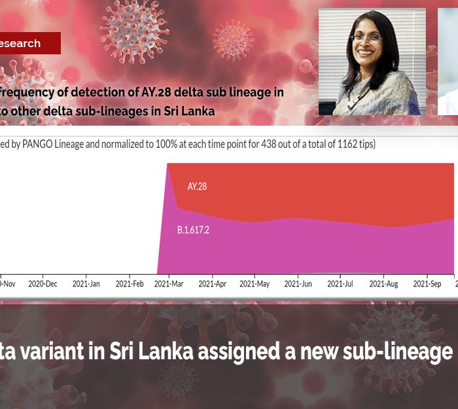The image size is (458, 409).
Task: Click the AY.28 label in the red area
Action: point(197,187)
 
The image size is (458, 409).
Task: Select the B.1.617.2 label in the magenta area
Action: point(193,230)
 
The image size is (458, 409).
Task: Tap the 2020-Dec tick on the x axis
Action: point(43,284)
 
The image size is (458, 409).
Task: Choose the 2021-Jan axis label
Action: point(86,284)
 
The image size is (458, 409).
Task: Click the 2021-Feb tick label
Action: point(129,284)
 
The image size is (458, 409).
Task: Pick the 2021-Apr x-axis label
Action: point(212,284)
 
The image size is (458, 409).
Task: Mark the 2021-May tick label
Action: point(255,284)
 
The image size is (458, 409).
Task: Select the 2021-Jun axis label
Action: point(297,284)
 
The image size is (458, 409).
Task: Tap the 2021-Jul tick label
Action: point(340,284)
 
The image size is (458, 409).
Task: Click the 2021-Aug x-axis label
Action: point(383,284)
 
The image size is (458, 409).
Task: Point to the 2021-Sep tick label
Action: point(427,284)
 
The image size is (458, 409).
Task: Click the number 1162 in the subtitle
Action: point(344,144)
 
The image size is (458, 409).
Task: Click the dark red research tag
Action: point(29,43)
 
